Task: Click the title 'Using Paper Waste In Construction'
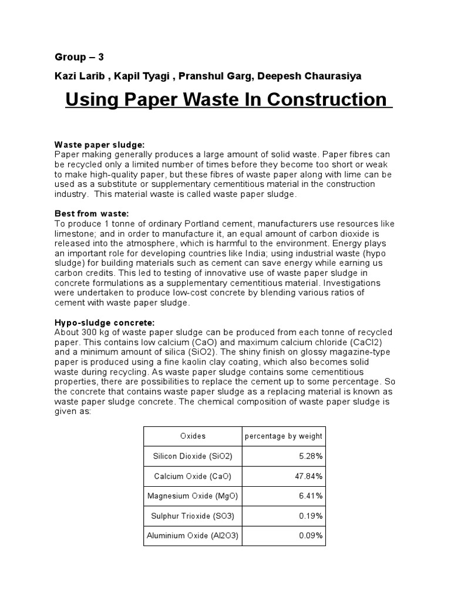tap(228, 100)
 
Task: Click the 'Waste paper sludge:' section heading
tap(99, 145)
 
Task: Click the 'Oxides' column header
tap(193, 436)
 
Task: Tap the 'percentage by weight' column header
tap(283, 436)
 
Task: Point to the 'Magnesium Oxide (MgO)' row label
tap(193, 496)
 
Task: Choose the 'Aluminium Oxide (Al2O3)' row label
tap(193, 537)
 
